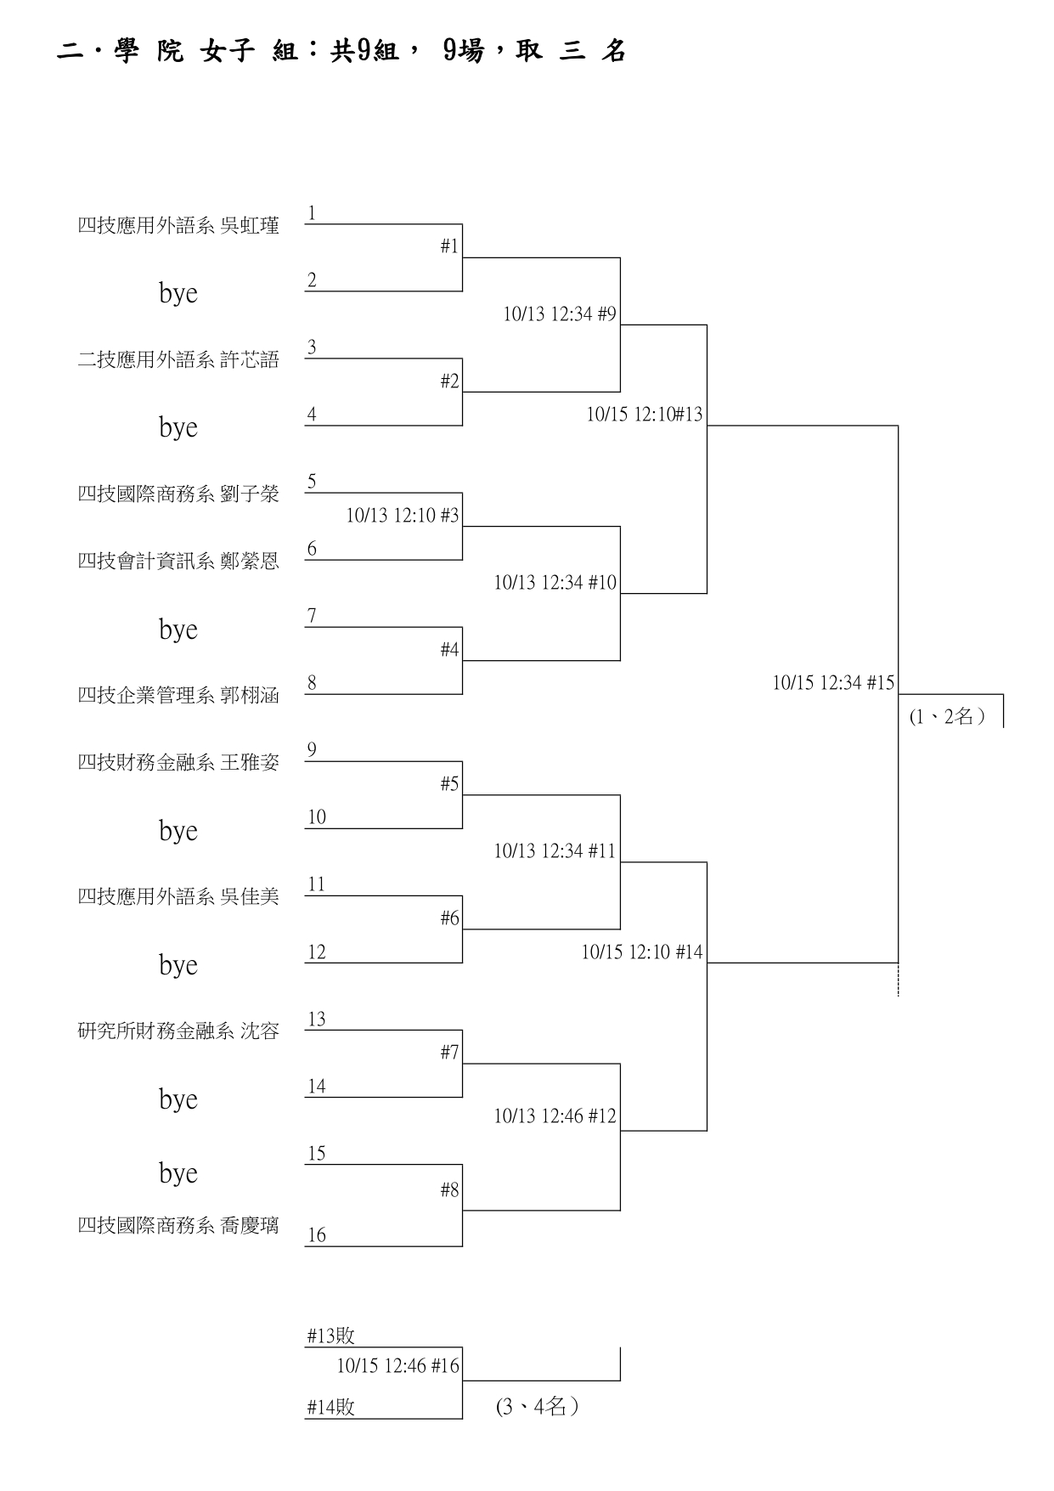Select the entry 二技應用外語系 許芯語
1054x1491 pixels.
pos(178,360)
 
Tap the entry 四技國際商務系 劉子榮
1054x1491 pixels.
pos(178,494)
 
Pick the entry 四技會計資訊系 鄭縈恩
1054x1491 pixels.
pos(178,562)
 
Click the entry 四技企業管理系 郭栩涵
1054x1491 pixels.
pos(178,696)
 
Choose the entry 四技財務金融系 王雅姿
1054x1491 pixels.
pos(178,763)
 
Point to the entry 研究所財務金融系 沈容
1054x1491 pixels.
pos(178,1031)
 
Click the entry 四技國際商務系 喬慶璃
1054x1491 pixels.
pos(178,1226)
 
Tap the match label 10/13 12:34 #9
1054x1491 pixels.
pos(559,314)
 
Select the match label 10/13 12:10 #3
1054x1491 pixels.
pos(402,516)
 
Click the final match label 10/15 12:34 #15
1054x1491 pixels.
pos(832,683)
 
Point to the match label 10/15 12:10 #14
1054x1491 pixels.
pos(641,952)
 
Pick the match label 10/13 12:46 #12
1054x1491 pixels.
pos(555,1116)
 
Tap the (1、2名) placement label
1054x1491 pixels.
pos(947,717)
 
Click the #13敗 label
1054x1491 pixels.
pos(330,1336)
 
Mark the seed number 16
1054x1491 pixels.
pos(317,1235)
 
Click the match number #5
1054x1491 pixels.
pos(449,784)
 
